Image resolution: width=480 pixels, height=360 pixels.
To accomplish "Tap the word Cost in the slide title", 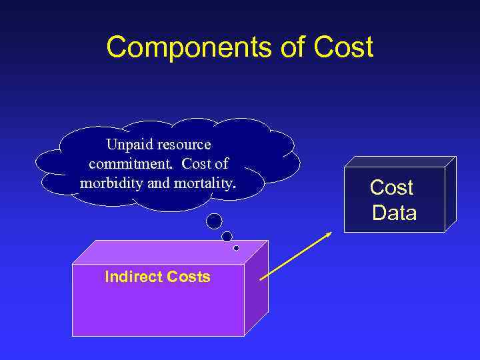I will [x=345, y=48].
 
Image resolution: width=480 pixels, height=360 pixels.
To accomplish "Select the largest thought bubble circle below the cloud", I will [x=214, y=220].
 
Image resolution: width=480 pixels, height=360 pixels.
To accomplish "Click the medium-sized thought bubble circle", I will [x=227, y=236].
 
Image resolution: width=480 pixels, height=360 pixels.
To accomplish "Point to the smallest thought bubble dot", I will [x=236, y=248].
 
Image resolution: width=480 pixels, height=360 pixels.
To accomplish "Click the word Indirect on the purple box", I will [x=128, y=277].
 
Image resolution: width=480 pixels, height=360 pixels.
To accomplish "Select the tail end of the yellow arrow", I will [x=260, y=279].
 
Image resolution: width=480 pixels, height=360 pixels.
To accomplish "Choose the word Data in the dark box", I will [x=394, y=213].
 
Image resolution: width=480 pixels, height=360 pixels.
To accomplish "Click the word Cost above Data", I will [x=391, y=188].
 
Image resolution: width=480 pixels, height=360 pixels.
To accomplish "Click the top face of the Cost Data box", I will [x=400, y=161].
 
